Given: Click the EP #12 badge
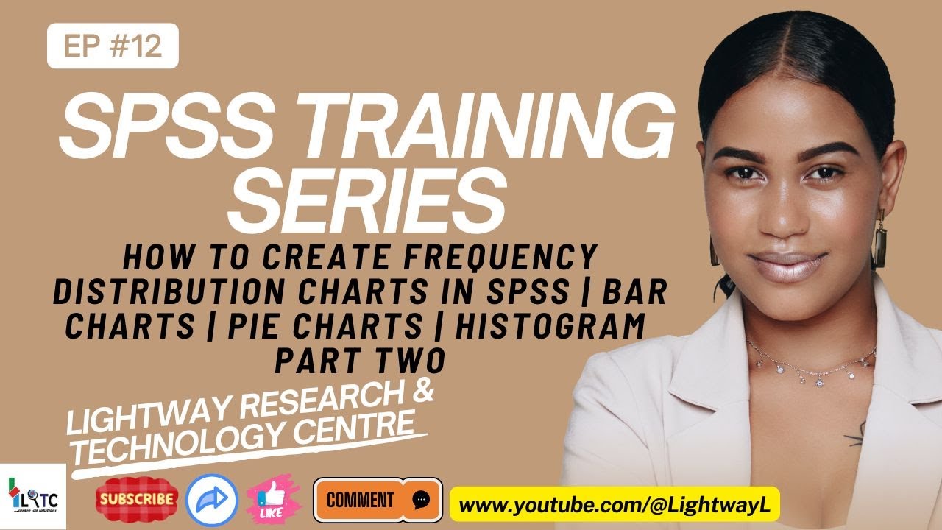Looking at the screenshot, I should [x=113, y=46].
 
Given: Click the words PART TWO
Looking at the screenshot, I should [x=360, y=361].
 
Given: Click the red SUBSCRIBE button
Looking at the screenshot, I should [x=138, y=500].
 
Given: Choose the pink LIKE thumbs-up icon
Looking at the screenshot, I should [x=274, y=500].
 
